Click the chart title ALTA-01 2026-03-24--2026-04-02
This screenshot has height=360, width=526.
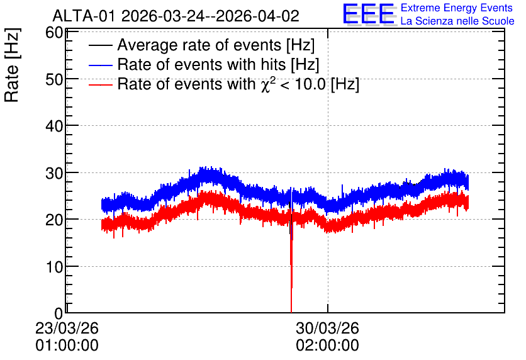tap(176, 16)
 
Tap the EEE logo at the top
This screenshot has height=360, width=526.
tap(369, 14)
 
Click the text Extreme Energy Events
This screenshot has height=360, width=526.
tap(457, 8)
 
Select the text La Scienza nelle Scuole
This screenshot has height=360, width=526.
tap(457, 21)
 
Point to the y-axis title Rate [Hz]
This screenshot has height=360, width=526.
tap(12, 65)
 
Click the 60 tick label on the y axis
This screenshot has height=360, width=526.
tap(54, 33)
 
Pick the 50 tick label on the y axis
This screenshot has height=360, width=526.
tap(54, 79)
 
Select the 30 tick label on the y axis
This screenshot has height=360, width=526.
tap(54, 173)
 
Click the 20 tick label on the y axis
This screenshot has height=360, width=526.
tap(54, 220)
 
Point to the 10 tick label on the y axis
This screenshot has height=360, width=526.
tap(54, 267)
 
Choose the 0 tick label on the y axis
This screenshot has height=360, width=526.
tap(59, 313)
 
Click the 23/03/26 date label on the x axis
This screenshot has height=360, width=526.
tap(67, 328)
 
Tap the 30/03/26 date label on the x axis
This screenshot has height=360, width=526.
tap(327, 328)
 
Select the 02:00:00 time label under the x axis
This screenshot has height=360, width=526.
tap(327, 346)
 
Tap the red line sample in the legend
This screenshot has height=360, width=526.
tap(101, 84)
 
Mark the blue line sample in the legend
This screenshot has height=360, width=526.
tap(101, 65)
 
